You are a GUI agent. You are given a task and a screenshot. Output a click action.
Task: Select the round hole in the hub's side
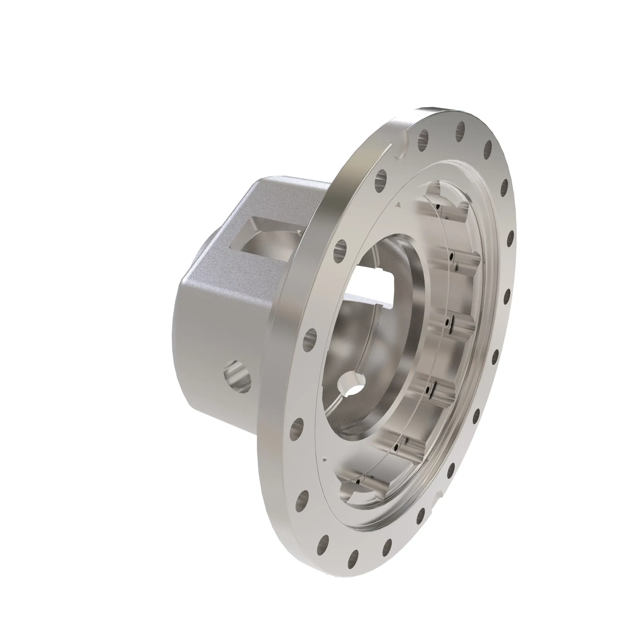point(237,376)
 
